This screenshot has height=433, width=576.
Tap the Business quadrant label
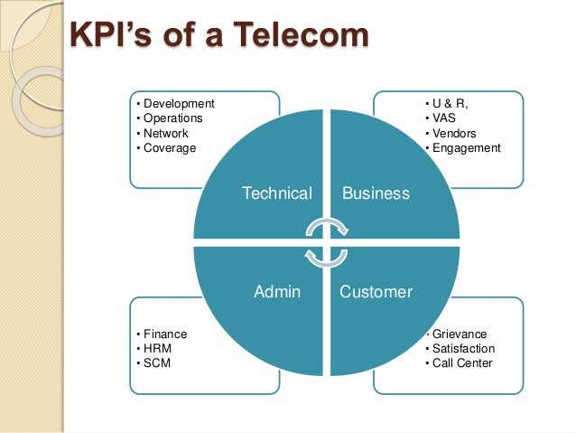(376, 193)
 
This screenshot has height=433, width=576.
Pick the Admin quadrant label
(277, 292)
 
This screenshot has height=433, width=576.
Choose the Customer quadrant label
(376, 292)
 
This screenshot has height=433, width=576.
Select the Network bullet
(168, 133)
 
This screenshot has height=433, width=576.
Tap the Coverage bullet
(169, 147)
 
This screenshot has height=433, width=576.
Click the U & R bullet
(450, 104)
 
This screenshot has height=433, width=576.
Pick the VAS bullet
(442, 118)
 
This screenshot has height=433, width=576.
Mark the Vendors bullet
(451, 133)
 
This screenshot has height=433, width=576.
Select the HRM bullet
(157, 348)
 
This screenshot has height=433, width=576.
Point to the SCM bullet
(157, 363)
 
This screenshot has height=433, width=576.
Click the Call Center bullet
(462, 363)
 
